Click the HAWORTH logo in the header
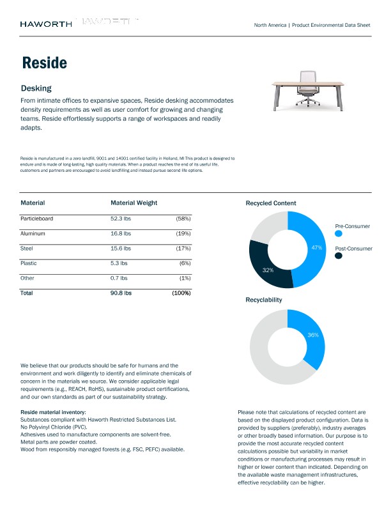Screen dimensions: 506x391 (x=45, y=24)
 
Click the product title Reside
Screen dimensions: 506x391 (x=44, y=63)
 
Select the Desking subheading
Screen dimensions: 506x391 (x=36, y=88)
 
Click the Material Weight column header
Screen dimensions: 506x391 (x=134, y=203)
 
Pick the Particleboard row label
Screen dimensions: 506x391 (x=36, y=218)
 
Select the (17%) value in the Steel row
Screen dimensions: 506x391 (x=183, y=248)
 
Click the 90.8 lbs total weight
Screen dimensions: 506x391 (x=121, y=293)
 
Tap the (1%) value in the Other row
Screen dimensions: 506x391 (x=185, y=278)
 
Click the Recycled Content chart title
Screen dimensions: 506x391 (x=270, y=203)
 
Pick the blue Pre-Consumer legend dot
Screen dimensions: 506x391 (x=338, y=234)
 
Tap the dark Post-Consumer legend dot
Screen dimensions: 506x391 (x=338, y=256)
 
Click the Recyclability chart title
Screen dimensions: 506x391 (x=263, y=299)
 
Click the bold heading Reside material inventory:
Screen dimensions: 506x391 (x=57, y=412)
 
